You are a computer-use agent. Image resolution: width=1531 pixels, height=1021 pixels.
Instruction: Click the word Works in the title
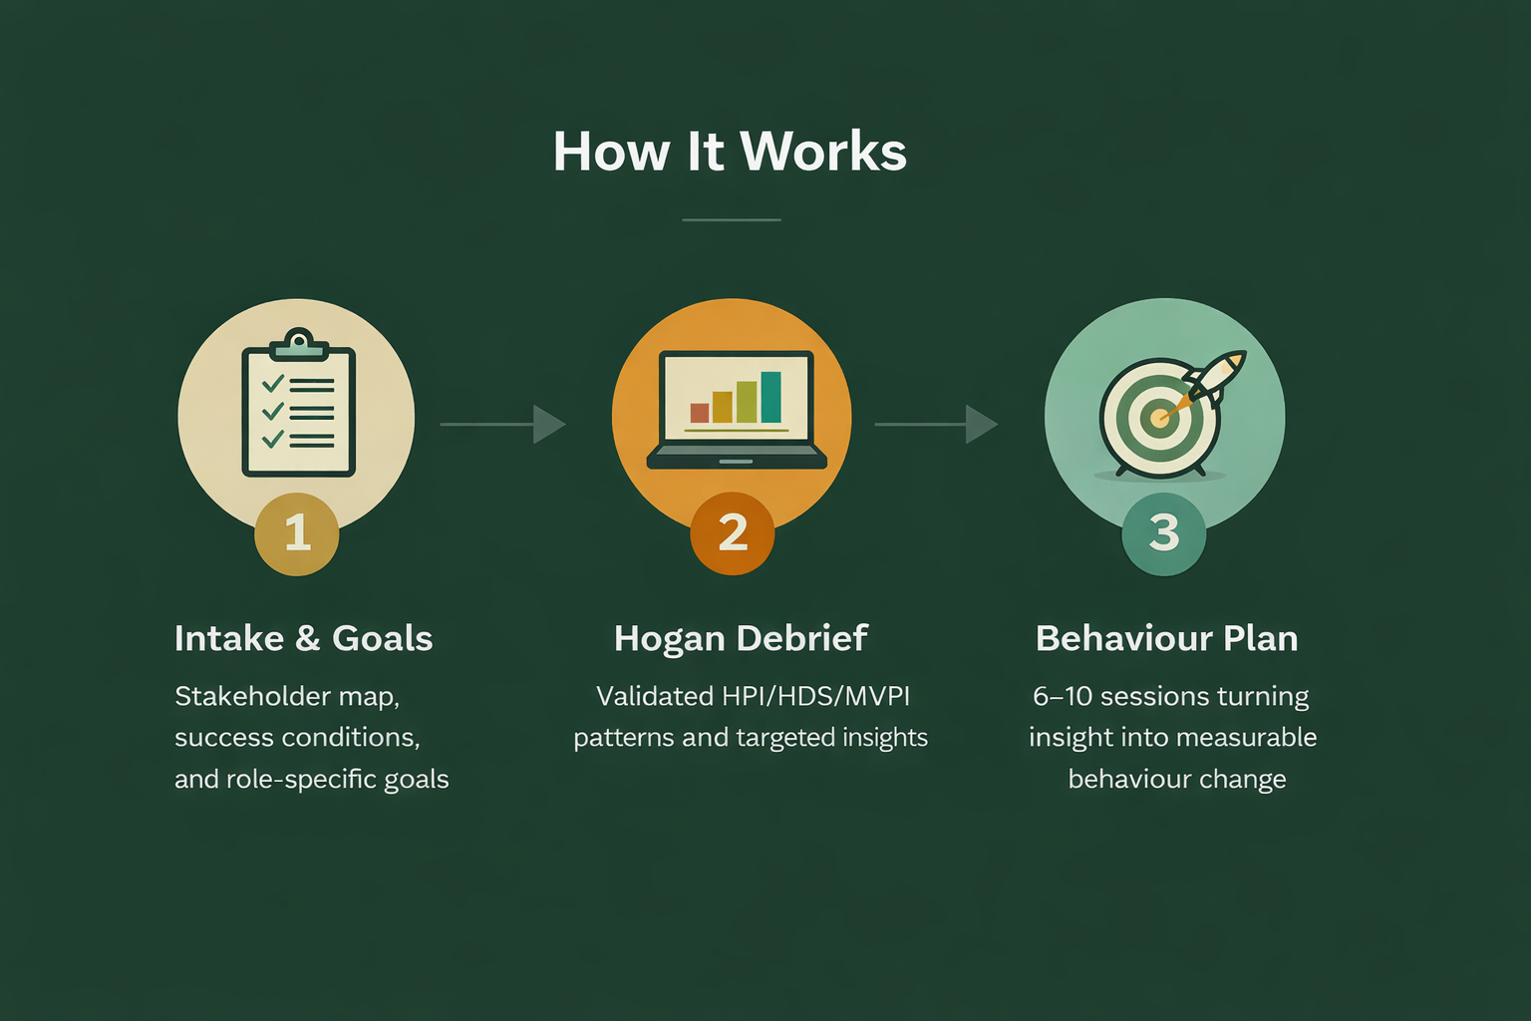coord(823,153)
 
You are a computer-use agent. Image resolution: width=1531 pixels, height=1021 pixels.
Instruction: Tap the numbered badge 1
coord(297,533)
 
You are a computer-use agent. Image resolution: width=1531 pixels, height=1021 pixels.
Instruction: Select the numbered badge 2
coord(733,533)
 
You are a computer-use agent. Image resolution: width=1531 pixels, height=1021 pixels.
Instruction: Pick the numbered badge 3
coord(1164,533)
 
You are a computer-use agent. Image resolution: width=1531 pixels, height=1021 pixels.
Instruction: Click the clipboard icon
coord(298,407)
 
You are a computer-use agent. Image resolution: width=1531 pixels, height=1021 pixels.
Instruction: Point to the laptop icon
coord(737,409)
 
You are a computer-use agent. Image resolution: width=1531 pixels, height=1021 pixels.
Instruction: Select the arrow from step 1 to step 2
coord(503,424)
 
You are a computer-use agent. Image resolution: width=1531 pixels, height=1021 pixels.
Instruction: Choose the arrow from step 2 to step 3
coord(937,424)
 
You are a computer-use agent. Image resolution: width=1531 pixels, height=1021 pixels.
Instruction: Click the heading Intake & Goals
coord(303,638)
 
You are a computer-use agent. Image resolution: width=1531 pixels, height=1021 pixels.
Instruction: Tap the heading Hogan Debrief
coord(741,638)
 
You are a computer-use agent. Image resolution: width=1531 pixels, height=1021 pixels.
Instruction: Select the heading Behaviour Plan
coord(1166,638)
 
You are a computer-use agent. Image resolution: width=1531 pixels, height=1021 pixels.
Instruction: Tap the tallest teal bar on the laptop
coord(770,397)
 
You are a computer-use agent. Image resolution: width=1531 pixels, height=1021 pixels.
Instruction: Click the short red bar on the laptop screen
coord(700,413)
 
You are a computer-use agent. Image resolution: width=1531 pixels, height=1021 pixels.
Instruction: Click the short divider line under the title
coord(732,219)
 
